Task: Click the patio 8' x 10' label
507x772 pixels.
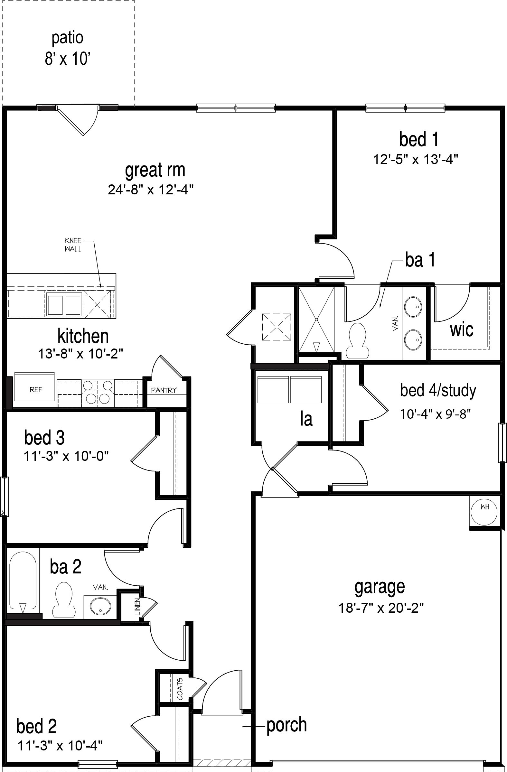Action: [68, 49]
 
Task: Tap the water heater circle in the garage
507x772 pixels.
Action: [484, 513]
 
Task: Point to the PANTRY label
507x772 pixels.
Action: [164, 390]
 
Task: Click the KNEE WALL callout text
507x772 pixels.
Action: [73, 245]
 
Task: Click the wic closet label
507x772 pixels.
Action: [461, 330]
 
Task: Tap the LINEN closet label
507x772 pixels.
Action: [137, 607]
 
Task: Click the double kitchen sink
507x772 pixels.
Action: [64, 303]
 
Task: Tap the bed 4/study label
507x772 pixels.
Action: [438, 391]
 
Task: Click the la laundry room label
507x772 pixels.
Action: [306, 419]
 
